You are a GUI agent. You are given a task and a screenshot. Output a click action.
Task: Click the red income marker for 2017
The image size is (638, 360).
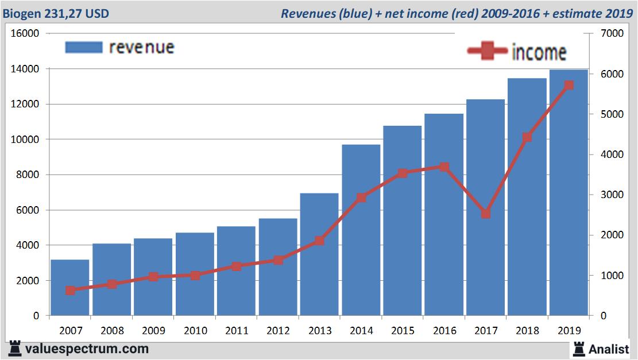(x=486, y=214)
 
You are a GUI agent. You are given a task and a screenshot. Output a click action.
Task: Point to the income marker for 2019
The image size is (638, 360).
(x=569, y=85)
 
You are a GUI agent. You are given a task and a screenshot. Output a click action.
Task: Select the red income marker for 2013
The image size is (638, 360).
(x=319, y=241)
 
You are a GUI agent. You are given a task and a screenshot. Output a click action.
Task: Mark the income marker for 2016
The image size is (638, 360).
(x=444, y=167)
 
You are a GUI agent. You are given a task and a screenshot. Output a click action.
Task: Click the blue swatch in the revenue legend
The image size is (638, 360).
(x=84, y=47)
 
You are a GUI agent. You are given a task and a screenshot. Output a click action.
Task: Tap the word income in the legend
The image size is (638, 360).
(x=539, y=52)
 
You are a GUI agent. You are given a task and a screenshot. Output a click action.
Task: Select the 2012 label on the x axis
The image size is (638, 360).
(x=278, y=331)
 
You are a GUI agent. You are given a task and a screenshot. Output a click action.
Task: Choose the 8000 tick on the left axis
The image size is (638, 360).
(x=28, y=175)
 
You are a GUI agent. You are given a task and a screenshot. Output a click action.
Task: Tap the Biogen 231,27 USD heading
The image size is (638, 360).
(x=56, y=13)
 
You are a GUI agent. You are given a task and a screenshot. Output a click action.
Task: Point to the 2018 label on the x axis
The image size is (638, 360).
(x=527, y=331)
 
